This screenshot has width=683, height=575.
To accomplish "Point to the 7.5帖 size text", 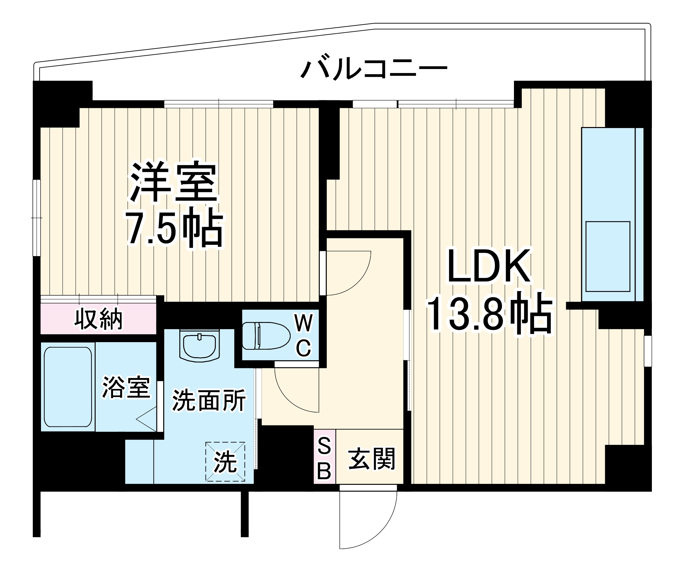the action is click(x=175, y=227).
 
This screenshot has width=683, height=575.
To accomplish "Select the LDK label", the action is click(x=489, y=266).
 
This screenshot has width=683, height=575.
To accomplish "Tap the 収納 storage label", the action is click(x=99, y=319).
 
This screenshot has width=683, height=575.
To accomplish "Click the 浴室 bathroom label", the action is click(x=126, y=387).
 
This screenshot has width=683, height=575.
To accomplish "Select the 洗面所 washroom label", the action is click(x=209, y=400).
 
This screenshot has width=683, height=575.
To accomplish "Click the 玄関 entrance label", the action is click(x=372, y=459).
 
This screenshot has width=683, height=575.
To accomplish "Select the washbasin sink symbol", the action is click(x=199, y=346).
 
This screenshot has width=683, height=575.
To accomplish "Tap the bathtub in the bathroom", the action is click(x=68, y=387).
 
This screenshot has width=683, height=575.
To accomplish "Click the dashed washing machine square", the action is click(x=225, y=462).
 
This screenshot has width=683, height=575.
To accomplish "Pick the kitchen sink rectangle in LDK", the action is click(x=608, y=256).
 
